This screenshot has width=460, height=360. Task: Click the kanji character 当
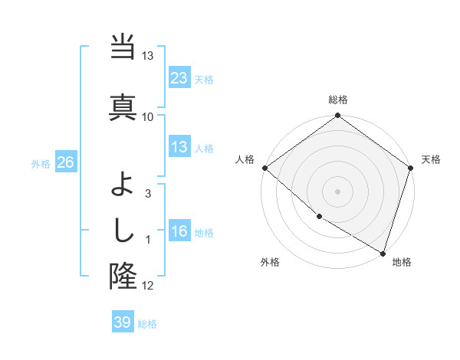tap(123, 48)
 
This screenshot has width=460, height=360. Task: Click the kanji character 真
tap(123, 106)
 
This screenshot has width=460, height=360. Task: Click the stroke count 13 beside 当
tap(148, 57)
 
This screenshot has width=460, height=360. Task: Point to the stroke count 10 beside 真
tap(148, 116)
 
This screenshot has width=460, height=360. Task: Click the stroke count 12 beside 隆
tap(148, 286)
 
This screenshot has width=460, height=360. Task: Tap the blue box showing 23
tap(179, 77)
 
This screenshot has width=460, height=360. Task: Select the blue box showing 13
tap(179, 147)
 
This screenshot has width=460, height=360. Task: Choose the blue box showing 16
tap(179, 231)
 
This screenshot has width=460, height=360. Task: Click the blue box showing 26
tap(65, 162)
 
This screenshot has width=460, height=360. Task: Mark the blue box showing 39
tap(122, 322)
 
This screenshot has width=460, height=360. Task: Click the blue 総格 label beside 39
tap(147, 324)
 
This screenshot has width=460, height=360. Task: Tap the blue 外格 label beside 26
tap(41, 163)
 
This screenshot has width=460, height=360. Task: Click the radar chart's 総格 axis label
tap(338, 100)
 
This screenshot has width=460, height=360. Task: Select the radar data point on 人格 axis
tap(264, 168)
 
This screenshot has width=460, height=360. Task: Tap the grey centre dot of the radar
tap(337, 191)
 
